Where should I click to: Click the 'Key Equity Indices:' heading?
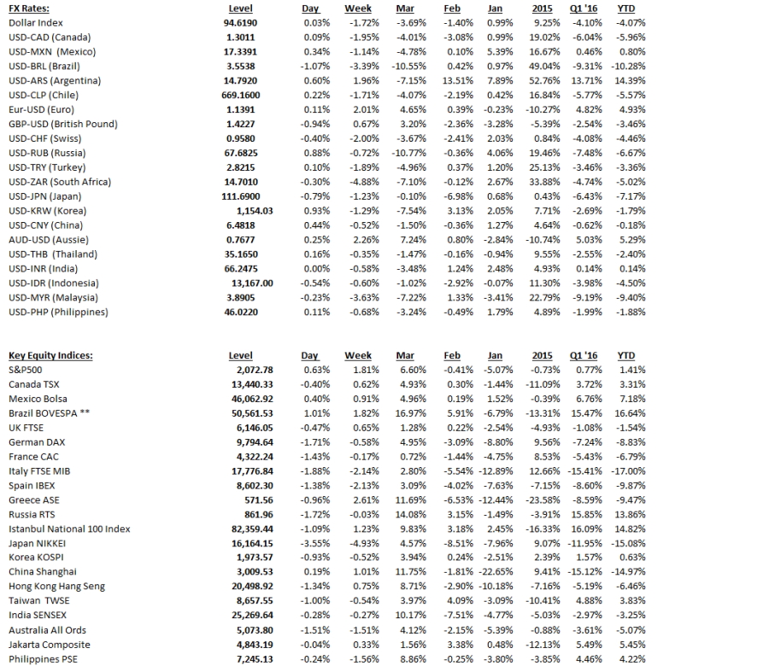click(50, 355)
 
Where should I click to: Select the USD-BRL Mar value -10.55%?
click(408, 66)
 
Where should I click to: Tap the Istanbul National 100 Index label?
click(69, 529)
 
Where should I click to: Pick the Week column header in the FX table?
click(359, 8)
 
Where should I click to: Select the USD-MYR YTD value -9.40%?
click(631, 297)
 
